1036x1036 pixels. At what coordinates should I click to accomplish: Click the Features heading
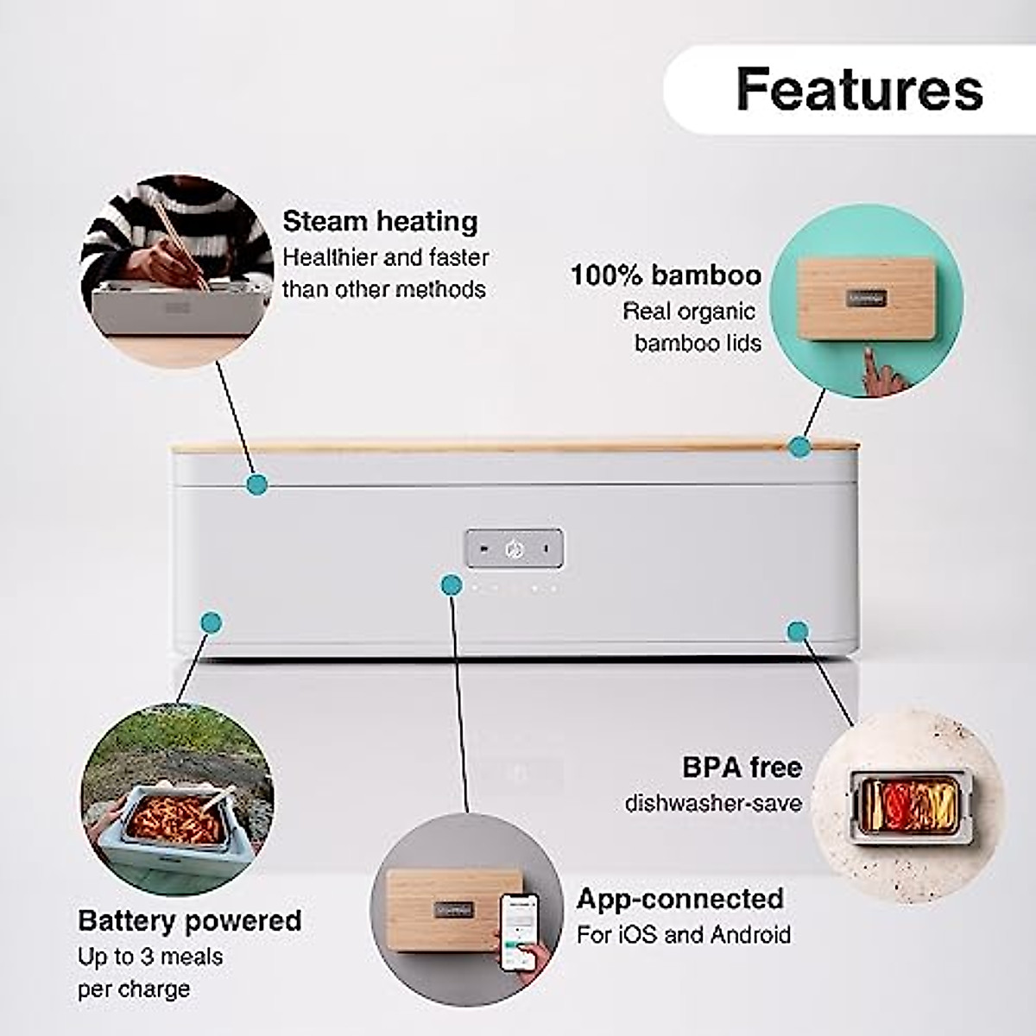(x=859, y=89)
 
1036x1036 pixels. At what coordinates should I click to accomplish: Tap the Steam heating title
(x=380, y=221)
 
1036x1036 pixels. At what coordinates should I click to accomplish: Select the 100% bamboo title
(x=666, y=275)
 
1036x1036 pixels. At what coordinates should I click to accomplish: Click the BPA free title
(x=742, y=767)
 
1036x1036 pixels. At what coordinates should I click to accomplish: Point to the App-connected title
(x=680, y=899)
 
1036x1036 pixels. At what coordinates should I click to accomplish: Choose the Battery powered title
(x=190, y=920)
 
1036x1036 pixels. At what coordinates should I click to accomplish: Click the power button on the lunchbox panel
(x=515, y=548)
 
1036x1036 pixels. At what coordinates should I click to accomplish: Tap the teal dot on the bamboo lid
(x=799, y=446)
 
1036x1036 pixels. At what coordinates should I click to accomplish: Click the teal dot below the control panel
(x=451, y=585)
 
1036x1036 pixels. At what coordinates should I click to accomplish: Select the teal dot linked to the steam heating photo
(x=256, y=483)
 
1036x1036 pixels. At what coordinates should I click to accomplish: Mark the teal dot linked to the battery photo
(x=211, y=622)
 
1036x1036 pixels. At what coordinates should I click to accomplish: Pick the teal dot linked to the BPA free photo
(x=798, y=631)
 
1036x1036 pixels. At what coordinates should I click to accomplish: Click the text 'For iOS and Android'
(x=684, y=934)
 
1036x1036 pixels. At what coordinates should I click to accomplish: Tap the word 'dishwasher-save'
(x=713, y=803)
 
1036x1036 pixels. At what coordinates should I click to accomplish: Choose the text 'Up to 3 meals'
(x=150, y=957)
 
